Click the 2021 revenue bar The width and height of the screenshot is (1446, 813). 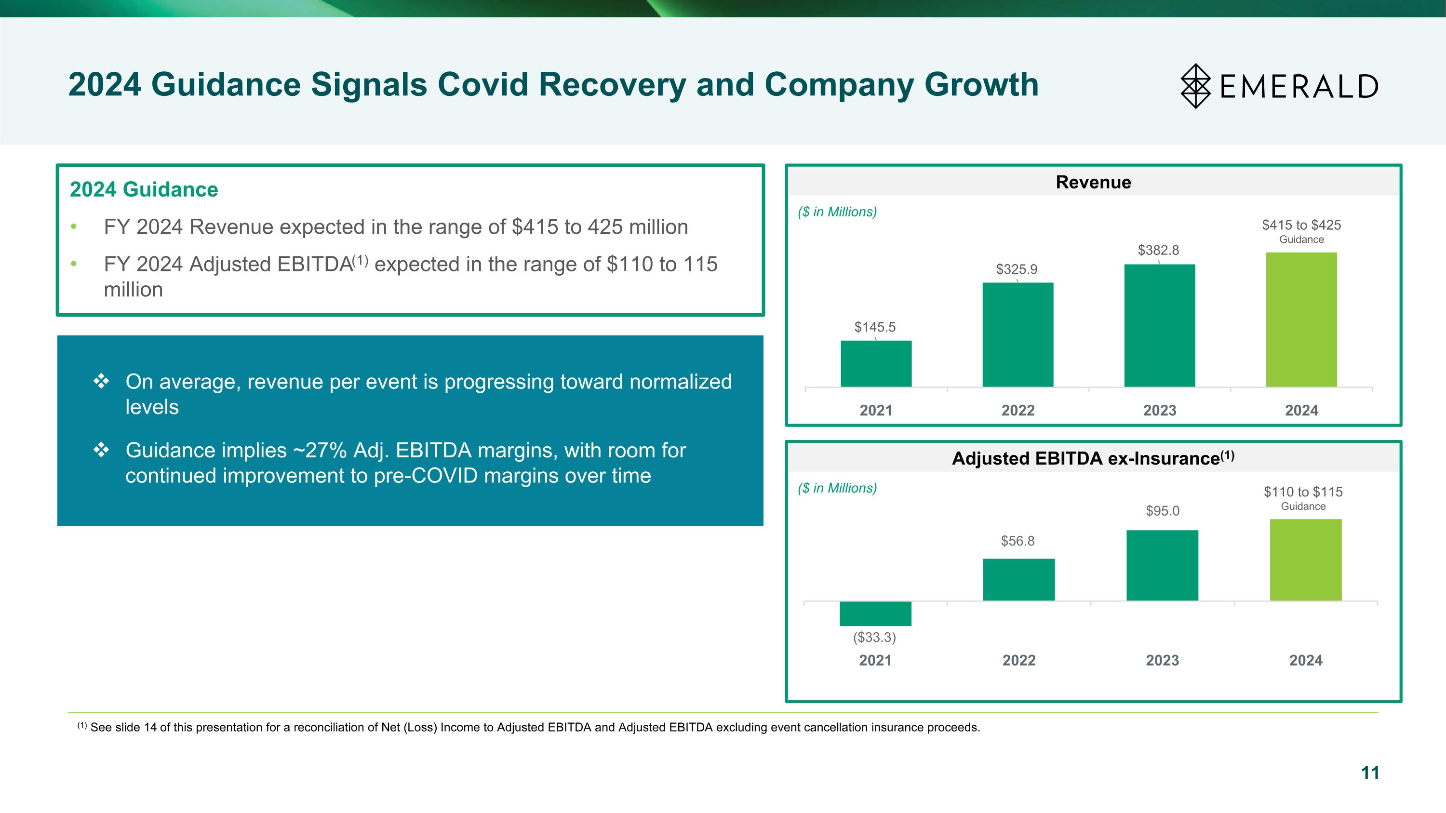coord(876,363)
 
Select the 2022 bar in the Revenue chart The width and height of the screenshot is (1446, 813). coord(1018,334)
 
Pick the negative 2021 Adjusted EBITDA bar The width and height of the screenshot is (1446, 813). coord(875,613)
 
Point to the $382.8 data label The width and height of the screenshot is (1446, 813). coord(1158,250)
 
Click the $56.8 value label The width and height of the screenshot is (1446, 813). coord(1017,541)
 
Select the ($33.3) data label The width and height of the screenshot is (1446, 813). coord(874,638)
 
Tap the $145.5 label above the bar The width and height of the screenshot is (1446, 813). coord(874,327)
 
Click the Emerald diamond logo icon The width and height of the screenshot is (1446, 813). coord(1196,86)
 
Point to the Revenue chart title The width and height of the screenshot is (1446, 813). coord(1093,182)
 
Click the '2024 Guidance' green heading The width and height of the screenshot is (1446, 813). coord(144,190)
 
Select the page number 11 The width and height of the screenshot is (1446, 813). coord(1370,773)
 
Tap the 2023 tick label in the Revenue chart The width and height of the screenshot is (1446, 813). coord(1160,410)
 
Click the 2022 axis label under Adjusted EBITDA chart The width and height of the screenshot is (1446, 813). coord(1019,660)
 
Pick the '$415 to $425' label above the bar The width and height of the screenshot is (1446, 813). coord(1301,225)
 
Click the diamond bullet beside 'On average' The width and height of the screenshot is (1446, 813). coord(101,382)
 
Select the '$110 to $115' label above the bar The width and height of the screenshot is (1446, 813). coord(1303,492)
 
